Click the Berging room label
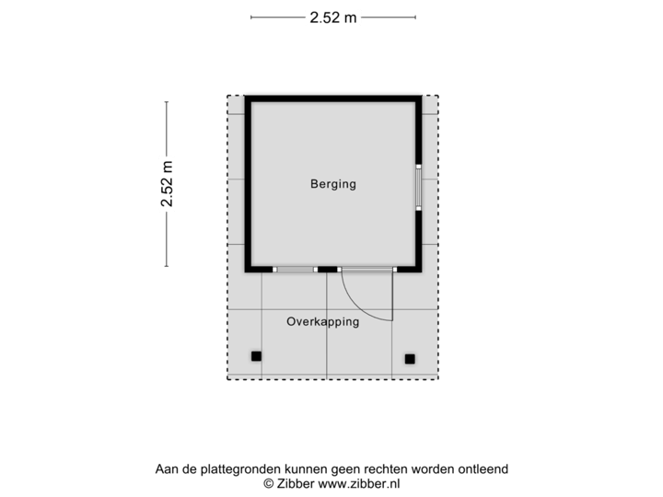coord(332,184)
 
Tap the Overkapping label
coord(322,322)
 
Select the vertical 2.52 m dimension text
coord(167,184)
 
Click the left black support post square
coord(256,356)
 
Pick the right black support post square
coord(410,358)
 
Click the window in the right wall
coord(418,188)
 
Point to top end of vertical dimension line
coord(167,101)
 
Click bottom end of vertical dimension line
coord(167,267)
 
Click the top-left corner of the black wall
coord(247,95)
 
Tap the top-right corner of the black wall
coord(420,95)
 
